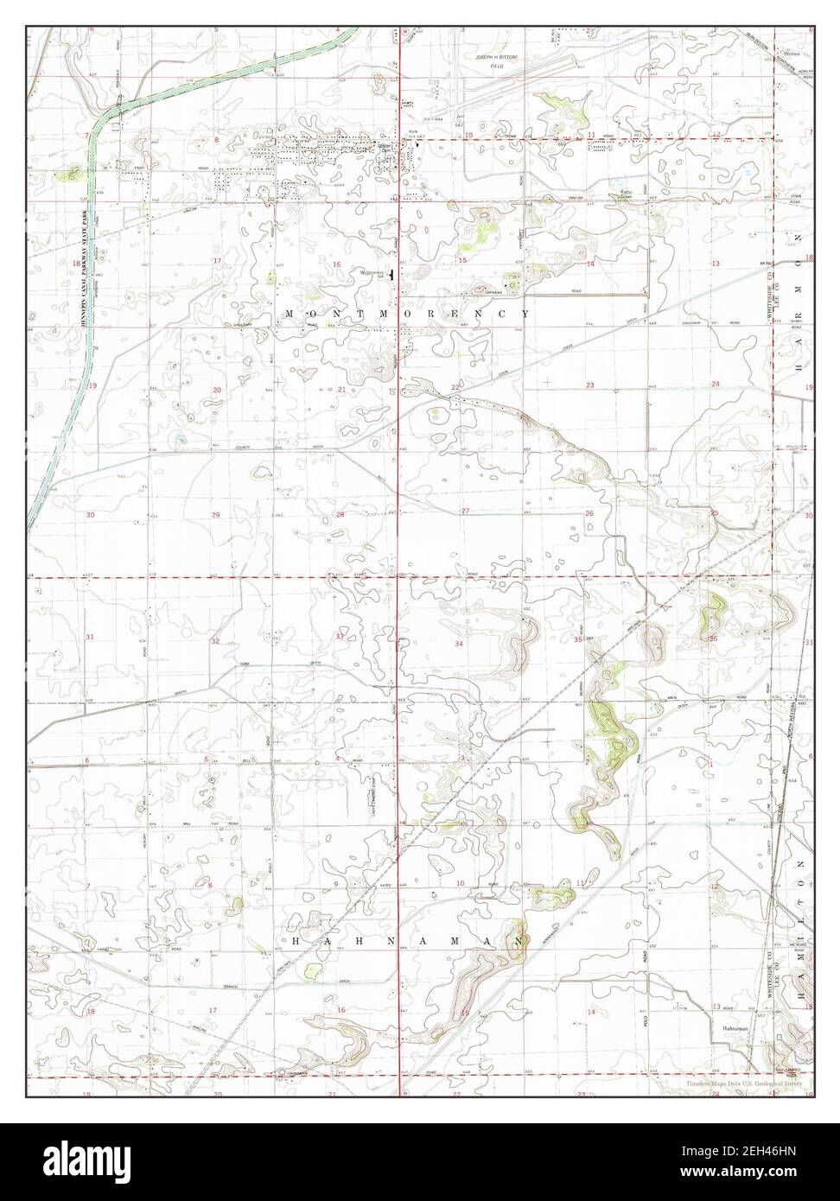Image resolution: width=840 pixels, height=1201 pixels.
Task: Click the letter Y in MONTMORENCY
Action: tap(525, 314)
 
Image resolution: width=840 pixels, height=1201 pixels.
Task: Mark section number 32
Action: tap(215, 642)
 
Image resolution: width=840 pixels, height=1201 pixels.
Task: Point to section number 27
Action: tap(465, 512)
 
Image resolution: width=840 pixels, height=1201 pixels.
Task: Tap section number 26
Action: tap(589, 514)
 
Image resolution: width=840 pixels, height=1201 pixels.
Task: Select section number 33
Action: tap(340, 637)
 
